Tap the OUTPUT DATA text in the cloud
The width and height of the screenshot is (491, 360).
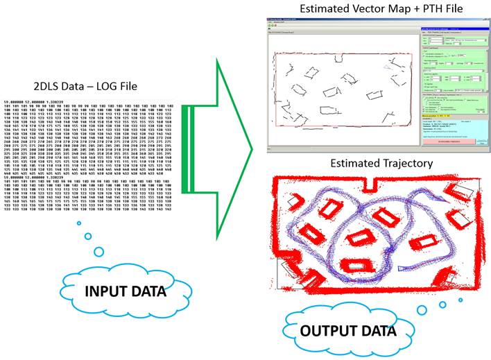coord(340,330)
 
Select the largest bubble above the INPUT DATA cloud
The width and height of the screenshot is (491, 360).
coord(98,251)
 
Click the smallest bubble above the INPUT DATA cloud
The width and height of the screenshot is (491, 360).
coord(78,223)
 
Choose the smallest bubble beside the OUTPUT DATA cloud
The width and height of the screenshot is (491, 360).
coord(461,300)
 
